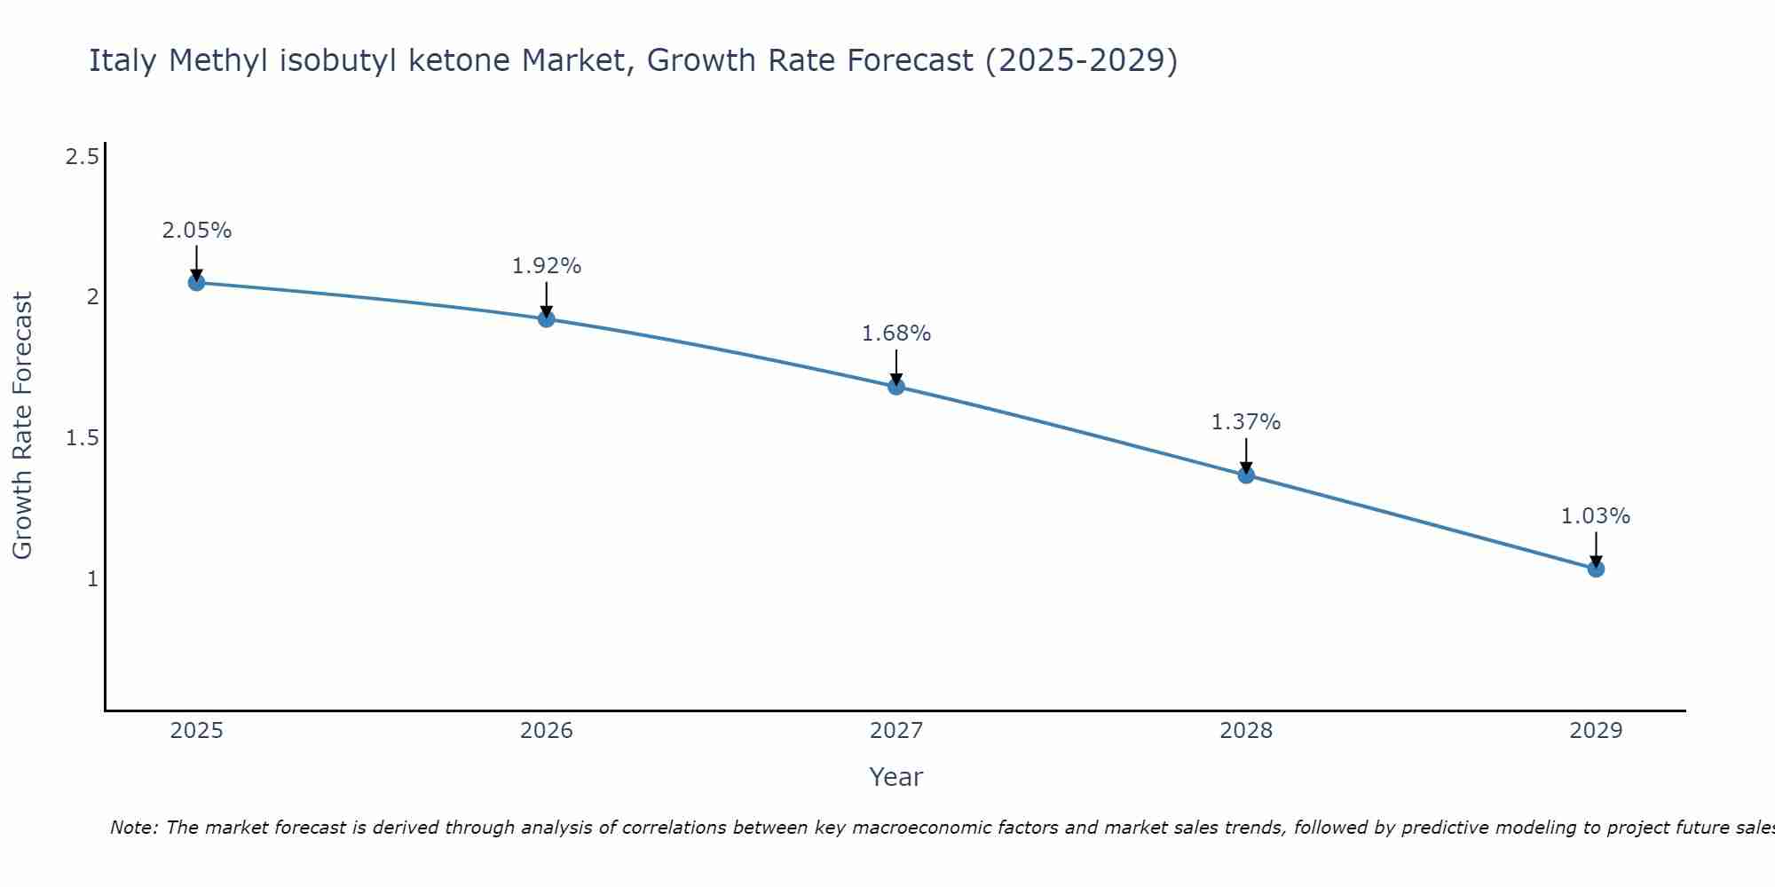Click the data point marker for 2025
click(196, 283)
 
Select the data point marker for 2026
click(547, 318)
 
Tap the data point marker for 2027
click(896, 386)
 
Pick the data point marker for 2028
click(1246, 475)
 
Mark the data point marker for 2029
click(1596, 569)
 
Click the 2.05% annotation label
click(196, 231)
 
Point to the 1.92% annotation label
click(547, 266)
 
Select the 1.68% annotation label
click(896, 334)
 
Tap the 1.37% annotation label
click(1246, 422)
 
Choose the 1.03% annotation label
click(1596, 516)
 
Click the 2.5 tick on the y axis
click(83, 158)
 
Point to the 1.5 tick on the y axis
click(83, 438)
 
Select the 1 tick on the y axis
click(92, 579)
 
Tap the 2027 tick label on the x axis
click(896, 731)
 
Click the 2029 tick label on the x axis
click(1596, 731)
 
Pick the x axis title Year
click(896, 777)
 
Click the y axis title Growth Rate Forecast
click(22, 426)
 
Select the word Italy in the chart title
click(124, 60)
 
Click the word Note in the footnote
click(133, 828)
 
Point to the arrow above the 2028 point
click(1246, 455)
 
